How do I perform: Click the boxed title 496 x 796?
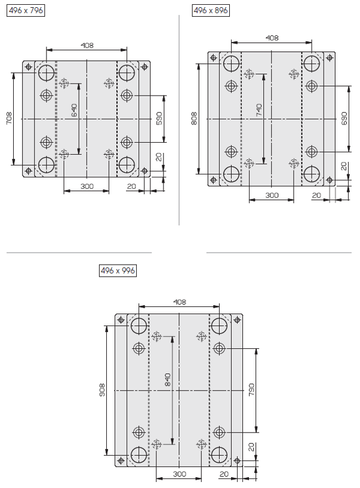26,11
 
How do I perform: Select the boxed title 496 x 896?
211,11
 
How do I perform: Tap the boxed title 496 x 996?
118,271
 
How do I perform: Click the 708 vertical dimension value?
9,118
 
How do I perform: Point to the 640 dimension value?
74,111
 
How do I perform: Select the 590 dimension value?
159,119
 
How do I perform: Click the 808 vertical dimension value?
194,119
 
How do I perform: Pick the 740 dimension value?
259,110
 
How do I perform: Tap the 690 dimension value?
344,119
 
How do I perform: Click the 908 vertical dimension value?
101,390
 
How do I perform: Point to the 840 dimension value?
167,379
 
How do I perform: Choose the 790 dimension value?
251,389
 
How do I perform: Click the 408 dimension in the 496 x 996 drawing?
180,302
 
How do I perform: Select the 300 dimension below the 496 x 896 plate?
272,195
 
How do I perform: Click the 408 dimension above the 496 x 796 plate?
87,45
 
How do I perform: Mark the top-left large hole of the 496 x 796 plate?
47,73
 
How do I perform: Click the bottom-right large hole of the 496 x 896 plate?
312,174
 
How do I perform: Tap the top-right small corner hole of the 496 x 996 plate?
237,320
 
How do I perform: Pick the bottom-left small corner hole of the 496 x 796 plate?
28,171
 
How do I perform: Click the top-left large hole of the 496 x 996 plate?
139,326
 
